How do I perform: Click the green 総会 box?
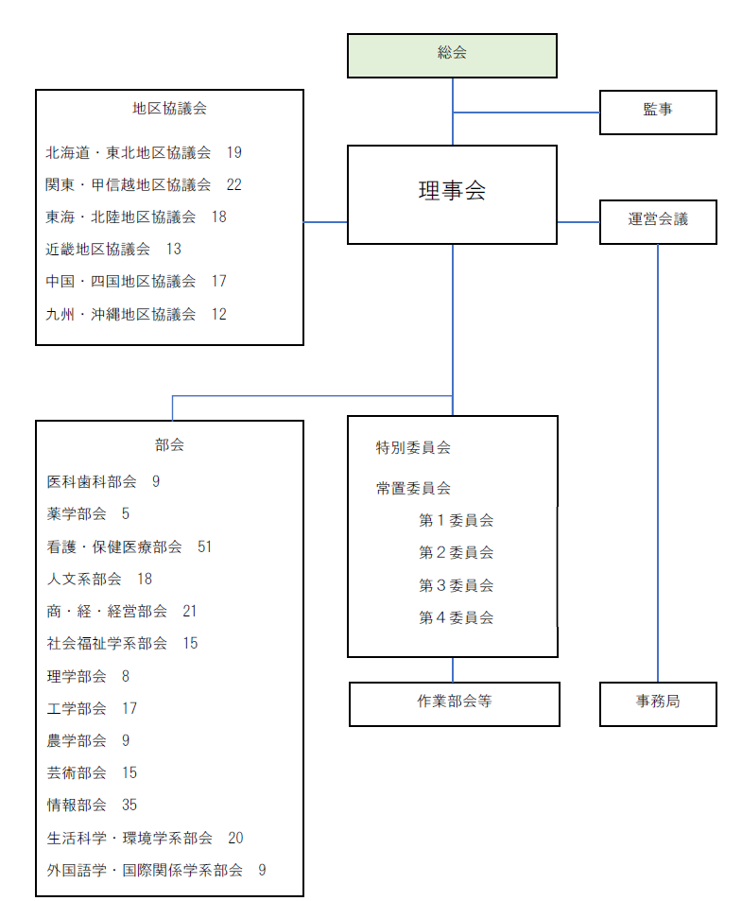tap(452, 56)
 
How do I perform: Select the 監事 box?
tap(658, 113)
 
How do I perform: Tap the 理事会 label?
tap(452, 191)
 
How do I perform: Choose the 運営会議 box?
tap(658, 222)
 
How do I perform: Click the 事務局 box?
tap(658, 704)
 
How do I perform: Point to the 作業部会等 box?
tap(455, 704)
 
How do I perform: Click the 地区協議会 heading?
tap(169, 109)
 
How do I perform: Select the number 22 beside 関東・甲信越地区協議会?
tap(234, 185)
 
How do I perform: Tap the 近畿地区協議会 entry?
tap(98, 250)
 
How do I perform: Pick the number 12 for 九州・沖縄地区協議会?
tap(219, 314)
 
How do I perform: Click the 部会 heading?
tap(169, 444)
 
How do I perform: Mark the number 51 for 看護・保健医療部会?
tap(204, 547)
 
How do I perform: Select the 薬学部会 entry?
tap(77, 514)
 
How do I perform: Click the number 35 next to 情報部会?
tap(129, 806)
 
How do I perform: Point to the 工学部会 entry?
tap(77, 708)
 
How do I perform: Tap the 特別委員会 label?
tap(413, 447)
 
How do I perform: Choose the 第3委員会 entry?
tap(456, 585)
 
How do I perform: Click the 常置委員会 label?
tap(413, 489)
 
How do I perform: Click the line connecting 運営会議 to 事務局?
tap(658, 463)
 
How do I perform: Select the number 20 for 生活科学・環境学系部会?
tap(235, 839)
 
